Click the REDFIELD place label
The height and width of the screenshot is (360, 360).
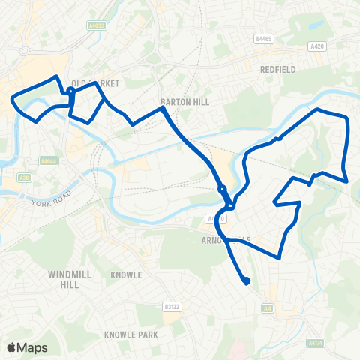click(279, 68)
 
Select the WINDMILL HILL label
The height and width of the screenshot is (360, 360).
click(70, 279)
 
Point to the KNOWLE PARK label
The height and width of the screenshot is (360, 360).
click(130, 334)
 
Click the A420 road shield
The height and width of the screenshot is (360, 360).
click(316, 45)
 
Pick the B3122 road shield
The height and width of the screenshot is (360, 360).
click(172, 306)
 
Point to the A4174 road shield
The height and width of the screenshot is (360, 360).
click(315, 342)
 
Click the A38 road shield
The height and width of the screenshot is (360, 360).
click(25, 178)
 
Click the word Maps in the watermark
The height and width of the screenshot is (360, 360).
click(32, 347)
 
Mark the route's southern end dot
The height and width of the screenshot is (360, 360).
click(246, 281)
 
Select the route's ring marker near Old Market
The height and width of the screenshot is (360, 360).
click(70, 92)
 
